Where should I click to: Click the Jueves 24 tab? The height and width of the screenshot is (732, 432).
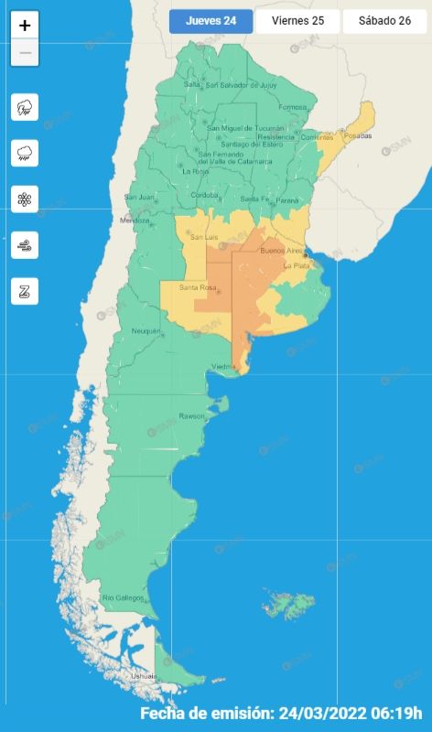[x=211, y=22]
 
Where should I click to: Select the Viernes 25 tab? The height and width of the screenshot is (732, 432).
[x=297, y=22]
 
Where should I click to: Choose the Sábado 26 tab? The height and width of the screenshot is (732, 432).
[x=384, y=22]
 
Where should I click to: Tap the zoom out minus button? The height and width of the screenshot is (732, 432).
[x=25, y=53]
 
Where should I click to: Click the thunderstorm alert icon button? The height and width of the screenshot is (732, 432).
[x=25, y=107]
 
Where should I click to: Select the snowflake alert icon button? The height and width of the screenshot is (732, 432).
[x=25, y=199]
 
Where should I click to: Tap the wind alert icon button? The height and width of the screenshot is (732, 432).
[x=25, y=244]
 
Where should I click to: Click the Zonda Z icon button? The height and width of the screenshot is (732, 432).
[x=25, y=291]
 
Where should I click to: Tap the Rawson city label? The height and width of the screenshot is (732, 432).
[x=192, y=416]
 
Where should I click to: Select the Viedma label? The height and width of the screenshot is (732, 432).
[x=224, y=367]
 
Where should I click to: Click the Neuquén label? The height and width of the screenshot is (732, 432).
[x=146, y=330]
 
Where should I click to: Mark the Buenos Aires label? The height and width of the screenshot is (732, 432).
[x=280, y=250]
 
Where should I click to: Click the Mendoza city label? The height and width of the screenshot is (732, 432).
[x=135, y=221]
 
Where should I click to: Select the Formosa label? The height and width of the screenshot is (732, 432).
[x=293, y=107]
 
